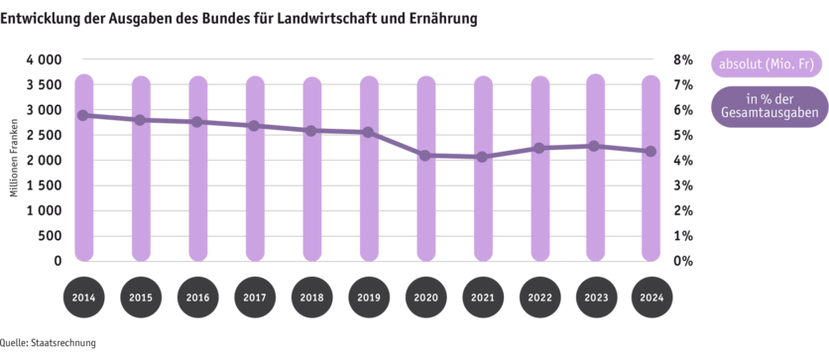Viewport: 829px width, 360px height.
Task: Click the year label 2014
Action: [x=84, y=298]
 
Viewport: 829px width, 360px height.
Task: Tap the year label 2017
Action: [x=255, y=298]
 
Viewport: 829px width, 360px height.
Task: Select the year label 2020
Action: [x=426, y=298]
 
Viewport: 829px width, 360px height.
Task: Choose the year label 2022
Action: [x=540, y=298]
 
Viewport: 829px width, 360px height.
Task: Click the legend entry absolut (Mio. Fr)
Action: [x=766, y=64]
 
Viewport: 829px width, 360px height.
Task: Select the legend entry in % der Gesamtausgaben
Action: [x=766, y=107]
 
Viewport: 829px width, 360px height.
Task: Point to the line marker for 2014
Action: [x=84, y=115]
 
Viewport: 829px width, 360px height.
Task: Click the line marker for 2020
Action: [x=426, y=156]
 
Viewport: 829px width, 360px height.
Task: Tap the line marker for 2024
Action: [x=650, y=152]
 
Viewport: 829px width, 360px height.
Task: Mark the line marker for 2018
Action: [x=311, y=131]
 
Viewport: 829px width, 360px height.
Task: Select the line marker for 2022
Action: [x=540, y=148]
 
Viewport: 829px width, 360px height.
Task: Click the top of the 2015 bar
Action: [x=141, y=76]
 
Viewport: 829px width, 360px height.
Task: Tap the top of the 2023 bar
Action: [x=595, y=74]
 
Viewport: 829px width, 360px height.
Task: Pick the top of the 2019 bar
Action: [x=369, y=76]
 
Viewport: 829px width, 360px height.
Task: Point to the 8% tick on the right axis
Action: [x=682, y=60]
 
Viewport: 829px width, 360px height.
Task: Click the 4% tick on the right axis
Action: [x=682, y=161]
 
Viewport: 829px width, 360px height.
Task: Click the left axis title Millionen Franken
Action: [x=15, y=159]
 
